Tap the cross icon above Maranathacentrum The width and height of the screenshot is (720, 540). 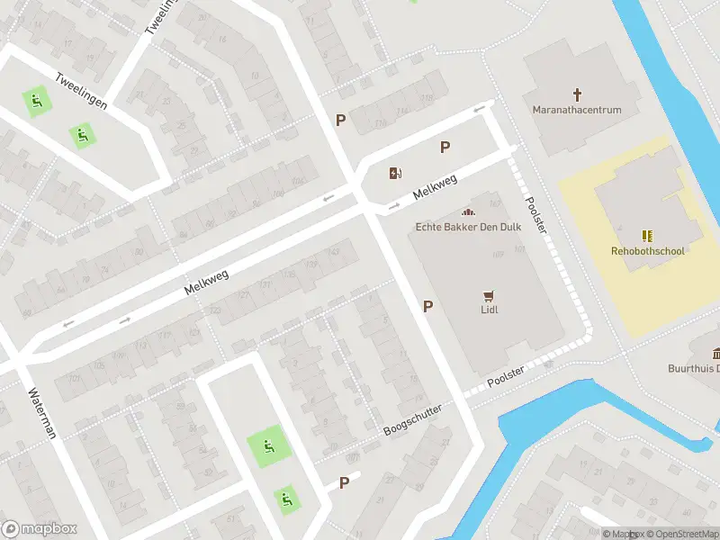578,94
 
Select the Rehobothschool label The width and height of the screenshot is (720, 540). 647,251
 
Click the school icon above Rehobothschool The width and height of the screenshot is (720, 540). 647,235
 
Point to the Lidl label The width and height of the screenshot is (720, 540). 489,310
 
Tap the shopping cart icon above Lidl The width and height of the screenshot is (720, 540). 489,294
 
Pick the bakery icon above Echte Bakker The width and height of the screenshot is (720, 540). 466,211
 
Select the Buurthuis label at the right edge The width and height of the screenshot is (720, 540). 693,368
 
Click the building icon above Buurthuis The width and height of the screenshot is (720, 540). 715,352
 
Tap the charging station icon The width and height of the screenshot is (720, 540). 395,174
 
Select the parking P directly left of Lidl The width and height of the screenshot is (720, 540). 427,307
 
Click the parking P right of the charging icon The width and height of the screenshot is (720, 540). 445,148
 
